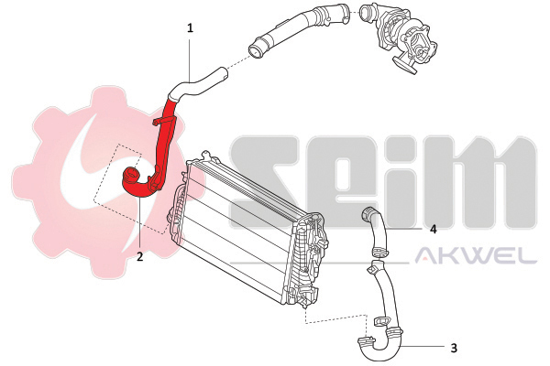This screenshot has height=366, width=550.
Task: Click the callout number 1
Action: (x=190, y=28)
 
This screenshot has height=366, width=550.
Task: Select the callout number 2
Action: (x=139, y=257)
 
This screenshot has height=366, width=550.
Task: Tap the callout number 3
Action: (x=454, y=348)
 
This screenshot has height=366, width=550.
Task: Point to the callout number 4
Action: (x=434, y=229)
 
